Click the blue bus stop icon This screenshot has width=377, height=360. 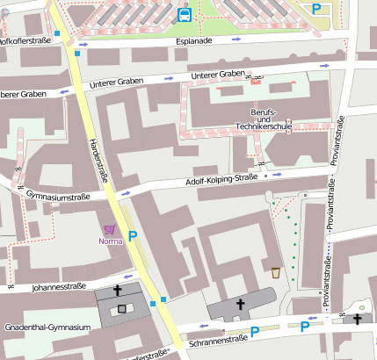(x=185, y=14)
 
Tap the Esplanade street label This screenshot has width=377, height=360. (x=194, y=40)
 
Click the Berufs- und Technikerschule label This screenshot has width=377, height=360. (x=263, y=120)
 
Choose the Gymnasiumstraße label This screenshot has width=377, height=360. (x=58, y=194)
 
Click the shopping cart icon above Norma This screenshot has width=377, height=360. (x=110, y=228)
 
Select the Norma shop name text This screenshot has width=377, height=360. (x=111, y=241)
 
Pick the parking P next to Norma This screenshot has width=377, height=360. (x=133, y=235)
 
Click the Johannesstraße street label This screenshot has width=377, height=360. (x=58, y=286)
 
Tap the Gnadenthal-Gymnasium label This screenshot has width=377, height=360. (x=47, y=328)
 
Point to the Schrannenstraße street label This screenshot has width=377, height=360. (x=216, y=338)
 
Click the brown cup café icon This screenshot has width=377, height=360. (x=275, y=272)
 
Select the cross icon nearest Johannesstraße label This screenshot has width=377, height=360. (x=120, y=292)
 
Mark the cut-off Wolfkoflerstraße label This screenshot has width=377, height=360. (x=25, y=40)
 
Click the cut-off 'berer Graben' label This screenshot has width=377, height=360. (x=23, y=94)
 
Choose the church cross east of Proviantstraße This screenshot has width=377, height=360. (x=357, y=319)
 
